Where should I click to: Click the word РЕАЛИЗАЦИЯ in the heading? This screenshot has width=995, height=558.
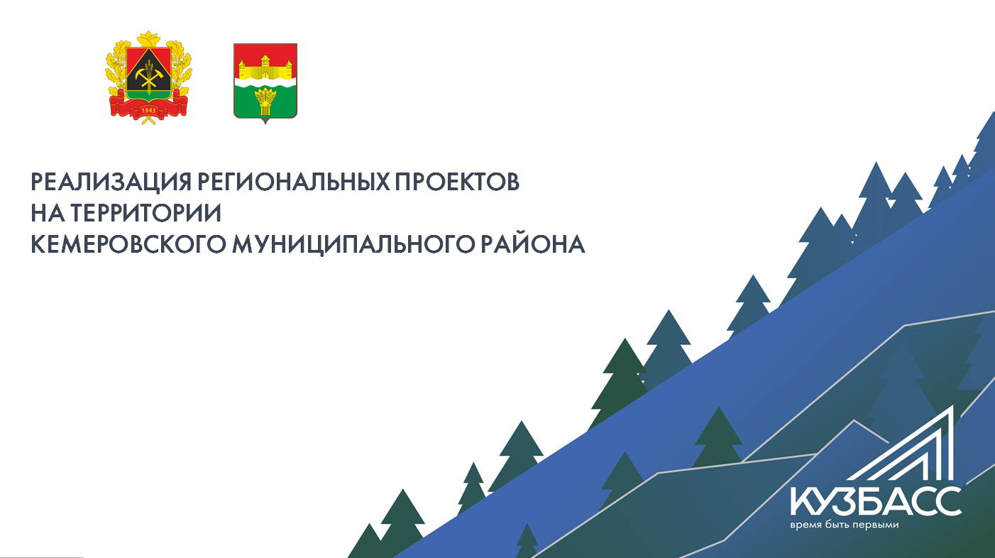point(111,182)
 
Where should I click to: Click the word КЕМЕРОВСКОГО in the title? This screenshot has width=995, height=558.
point(128,244)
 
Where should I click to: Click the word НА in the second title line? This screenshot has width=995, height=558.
point(48,213)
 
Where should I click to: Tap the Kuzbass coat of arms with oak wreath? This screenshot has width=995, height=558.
point(149,78)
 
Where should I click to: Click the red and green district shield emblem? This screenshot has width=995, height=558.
point(265,82)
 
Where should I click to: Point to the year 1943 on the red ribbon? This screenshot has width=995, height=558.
point(148,110)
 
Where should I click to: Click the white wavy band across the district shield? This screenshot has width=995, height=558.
point(265,83)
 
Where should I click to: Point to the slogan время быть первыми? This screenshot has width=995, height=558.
point(845,525)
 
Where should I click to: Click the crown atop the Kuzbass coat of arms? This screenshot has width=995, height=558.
point(149,38)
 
